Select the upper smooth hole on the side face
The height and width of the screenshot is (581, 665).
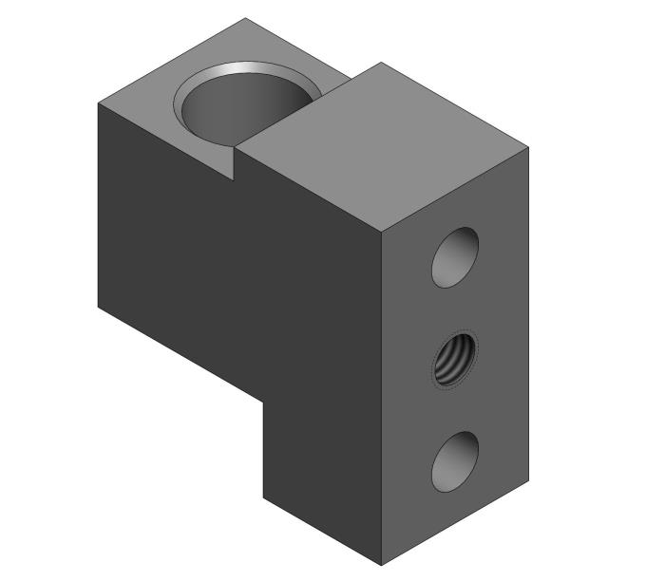tap(454, 256)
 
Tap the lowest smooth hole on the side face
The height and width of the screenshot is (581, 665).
tap(454, 460)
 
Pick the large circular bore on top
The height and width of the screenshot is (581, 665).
tap(245, 106)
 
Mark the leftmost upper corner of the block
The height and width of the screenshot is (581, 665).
tap(99, 103)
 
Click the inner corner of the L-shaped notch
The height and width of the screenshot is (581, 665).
tap(263, 399)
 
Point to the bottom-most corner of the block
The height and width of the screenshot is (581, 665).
tap(380, 564)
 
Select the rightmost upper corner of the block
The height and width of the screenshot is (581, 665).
tap(527, 147)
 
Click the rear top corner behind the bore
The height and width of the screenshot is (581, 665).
tap(245, 17)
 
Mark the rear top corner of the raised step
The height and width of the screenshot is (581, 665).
tap(381, 63)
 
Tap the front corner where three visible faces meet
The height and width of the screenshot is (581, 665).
tap(380, 232)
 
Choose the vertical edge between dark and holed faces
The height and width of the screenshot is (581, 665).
tap(380, 399)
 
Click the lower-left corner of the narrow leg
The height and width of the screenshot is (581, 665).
tap(263, 496)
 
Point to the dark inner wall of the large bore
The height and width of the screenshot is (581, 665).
tap(228, 114)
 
